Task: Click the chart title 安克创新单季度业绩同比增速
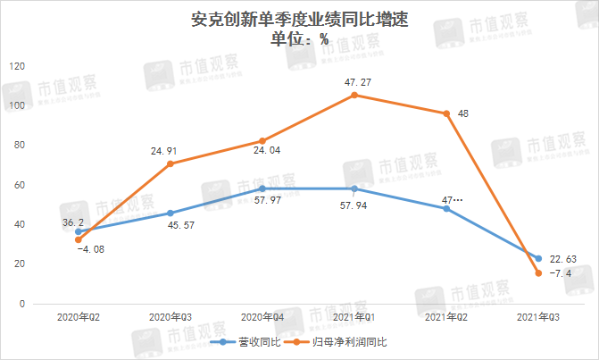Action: click(299, 18)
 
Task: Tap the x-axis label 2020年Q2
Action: click(78, 317)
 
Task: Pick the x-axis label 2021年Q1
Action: click(354, 317)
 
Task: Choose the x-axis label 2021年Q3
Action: click(538, 317)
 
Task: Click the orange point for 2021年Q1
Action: click(354, 95)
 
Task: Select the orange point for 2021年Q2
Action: click(446, 113)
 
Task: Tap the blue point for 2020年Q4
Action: click(262, 188)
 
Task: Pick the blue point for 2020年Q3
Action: click(171, 213)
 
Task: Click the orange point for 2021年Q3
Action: click(538, 272)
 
